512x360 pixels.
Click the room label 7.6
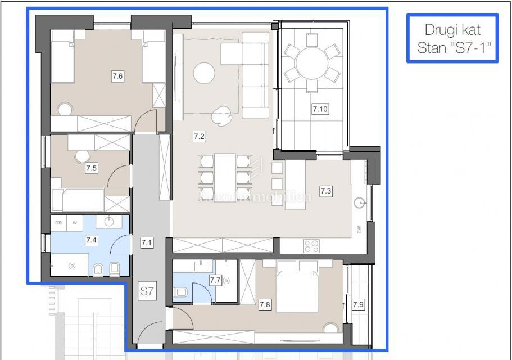tap(117, 76)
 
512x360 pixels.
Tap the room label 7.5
tap(92, 168)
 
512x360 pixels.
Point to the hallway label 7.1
tap(147, 243)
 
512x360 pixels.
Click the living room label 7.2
tap(199, 136)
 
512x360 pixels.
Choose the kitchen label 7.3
tap(326, 191)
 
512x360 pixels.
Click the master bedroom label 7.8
tap(265, 304)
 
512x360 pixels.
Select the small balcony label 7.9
tap(359, 304)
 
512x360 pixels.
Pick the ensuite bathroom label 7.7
tap(215, 280)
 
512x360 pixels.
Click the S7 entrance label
tap(147, 291)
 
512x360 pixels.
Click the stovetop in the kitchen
tap(312, 245)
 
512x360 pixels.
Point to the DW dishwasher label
tap(359, 229)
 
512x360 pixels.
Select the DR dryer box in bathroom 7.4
tap(58, 223)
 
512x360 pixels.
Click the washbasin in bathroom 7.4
tap(110, 222)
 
